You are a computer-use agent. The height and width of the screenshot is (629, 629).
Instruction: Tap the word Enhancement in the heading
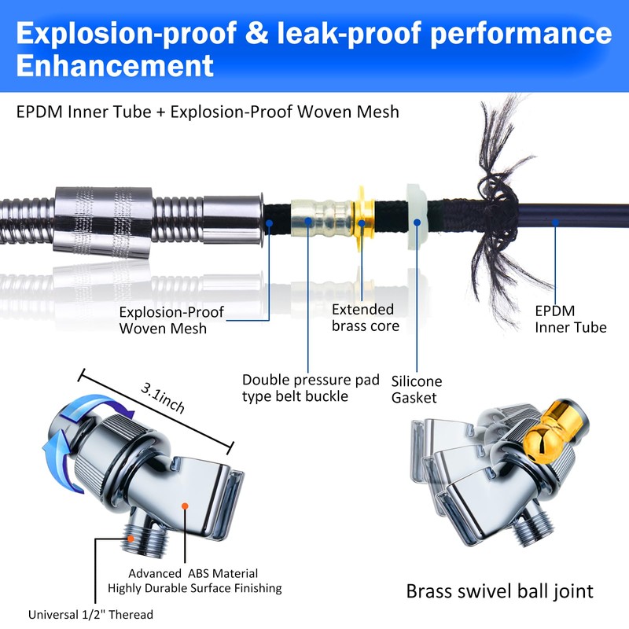[x=115, y=65]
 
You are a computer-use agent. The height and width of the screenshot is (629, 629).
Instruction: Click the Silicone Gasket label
[x=417, y=389]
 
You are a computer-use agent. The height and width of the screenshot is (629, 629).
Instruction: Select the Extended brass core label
[x=365, y=317]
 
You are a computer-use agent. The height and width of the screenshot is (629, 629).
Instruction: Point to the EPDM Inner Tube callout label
[x=570, y=318]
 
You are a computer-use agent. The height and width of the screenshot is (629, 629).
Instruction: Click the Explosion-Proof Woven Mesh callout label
[x=171, y=320]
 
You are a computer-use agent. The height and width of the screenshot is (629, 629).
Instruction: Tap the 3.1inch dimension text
[x=163, y=397]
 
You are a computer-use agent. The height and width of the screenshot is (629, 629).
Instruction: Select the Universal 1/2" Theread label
[x=90, y=614]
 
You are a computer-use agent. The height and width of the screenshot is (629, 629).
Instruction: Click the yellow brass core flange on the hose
[x=364, y=214]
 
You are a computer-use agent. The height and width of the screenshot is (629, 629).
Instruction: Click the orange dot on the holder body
[x=183, y=507]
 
